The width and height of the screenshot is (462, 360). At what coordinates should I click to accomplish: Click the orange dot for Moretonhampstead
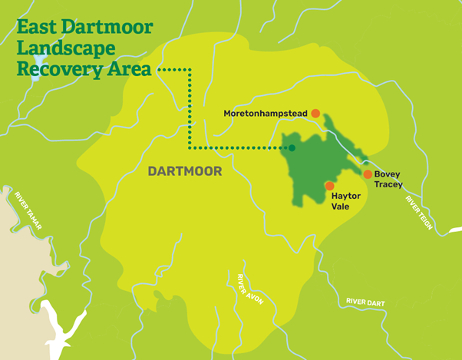pyautogui.click(x=315, y=114)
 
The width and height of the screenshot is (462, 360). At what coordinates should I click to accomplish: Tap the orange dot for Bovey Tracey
pyautogui.click(x=368, y=174)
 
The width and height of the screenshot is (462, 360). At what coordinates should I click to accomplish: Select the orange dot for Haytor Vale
pyautogui.click(x=329, y=186)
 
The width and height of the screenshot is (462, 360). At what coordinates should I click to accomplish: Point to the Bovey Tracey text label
pyautogui.click(x=388, y=180)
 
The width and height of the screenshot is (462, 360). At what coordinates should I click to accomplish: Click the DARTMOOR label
pyautogui.click(x=184, y=172)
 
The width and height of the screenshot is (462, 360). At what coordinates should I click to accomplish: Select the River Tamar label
pyautogui.click(x=29, y=211)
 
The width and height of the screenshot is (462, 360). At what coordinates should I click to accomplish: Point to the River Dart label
pyautogui.click(x=365, y=302)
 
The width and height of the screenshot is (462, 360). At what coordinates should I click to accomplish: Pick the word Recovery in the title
pyautogui.click(x=53, y=68)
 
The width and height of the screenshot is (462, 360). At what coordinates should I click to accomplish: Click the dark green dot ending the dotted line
pyautogui.click(x=292, y=147)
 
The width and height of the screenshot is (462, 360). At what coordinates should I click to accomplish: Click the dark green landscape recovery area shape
pyautogui.click(x=311, y=165)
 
